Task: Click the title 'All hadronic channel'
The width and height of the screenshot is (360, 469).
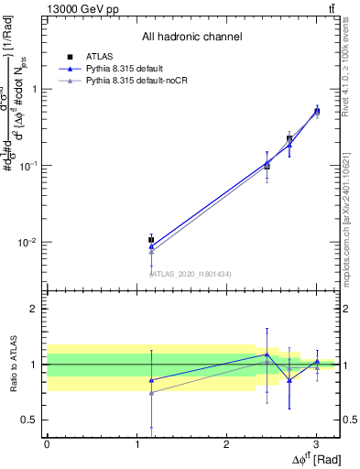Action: tap(191, 37)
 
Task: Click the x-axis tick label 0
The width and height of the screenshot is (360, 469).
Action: tap(47, 444)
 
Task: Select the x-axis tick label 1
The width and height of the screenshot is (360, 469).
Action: tap(136, 444)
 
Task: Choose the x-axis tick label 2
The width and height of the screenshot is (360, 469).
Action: tap(226, 444)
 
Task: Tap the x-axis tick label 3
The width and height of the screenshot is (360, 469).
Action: tap(316, 444)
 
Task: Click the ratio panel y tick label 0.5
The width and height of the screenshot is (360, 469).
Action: tap(31, 420)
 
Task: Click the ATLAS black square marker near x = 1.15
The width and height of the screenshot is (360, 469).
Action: tap(151, 240)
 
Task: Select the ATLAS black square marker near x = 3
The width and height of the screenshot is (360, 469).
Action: tap(317, 111)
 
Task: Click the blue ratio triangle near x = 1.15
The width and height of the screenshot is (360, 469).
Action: tap(151, 379)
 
